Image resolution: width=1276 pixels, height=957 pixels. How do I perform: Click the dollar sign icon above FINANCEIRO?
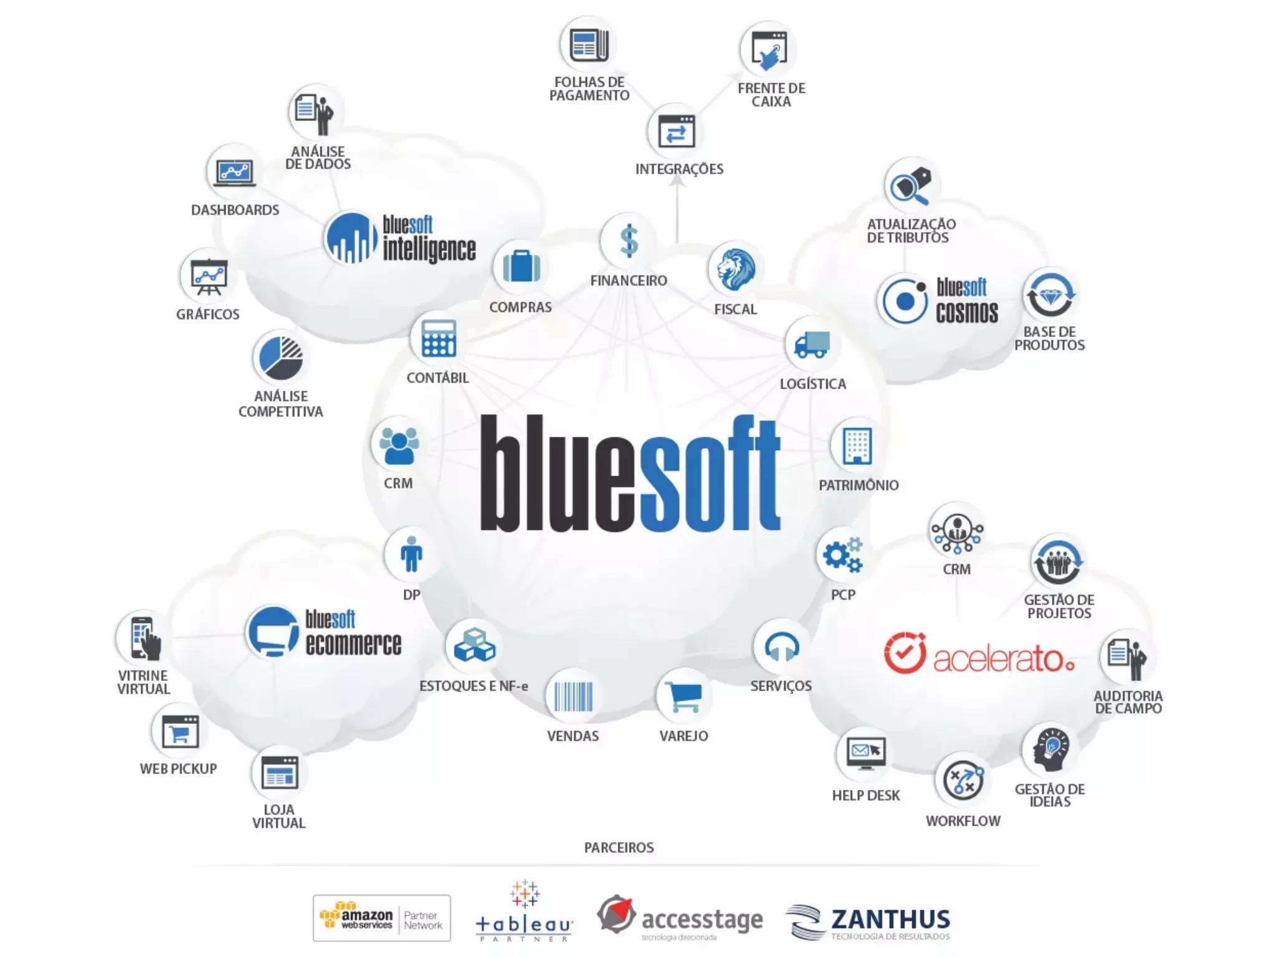[x=629, y=241]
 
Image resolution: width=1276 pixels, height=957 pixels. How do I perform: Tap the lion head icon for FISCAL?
[x=736, y=270]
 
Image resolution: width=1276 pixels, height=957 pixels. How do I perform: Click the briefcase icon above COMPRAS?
[x=521, y=267]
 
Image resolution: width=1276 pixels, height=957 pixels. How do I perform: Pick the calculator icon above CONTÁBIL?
[x=439, y=338]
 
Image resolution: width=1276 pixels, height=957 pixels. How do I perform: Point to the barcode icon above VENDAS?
[x=573, y=696]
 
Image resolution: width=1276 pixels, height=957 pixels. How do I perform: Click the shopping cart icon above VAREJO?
[x=684, y=696]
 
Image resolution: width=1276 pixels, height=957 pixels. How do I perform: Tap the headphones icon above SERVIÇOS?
[x=781, y=647]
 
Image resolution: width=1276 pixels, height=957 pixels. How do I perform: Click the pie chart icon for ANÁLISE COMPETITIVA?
[x=280, y=358]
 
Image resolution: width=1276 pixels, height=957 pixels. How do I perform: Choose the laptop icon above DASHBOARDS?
[x=234, y=172]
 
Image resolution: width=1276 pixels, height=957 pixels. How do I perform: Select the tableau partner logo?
[x=523, y=912]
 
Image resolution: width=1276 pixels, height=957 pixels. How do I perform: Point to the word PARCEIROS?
[x=619, y=848]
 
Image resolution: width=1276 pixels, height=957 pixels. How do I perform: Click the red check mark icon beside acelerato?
[x=905, y=654]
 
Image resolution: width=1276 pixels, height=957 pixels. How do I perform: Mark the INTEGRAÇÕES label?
[x=679, y=169]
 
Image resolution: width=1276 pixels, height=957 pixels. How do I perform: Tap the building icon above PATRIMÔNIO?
[x=857, y=445]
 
